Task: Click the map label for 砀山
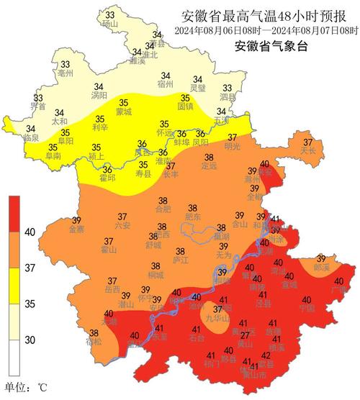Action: (x=109, y=23)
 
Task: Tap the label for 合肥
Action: (x=163, y=209)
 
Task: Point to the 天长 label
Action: (x=308, y=150)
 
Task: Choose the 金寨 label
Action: (x=76, y=229)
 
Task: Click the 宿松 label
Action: (x=94, y=342)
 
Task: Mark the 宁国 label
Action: (x=307, y=308)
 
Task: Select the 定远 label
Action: (x=209, y=166)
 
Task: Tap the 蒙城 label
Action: (x=123, y=112)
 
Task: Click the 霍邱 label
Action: (x=107, y=177)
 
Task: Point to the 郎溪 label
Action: (x=322, y=267)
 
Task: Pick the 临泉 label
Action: (x=31, y=137)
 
